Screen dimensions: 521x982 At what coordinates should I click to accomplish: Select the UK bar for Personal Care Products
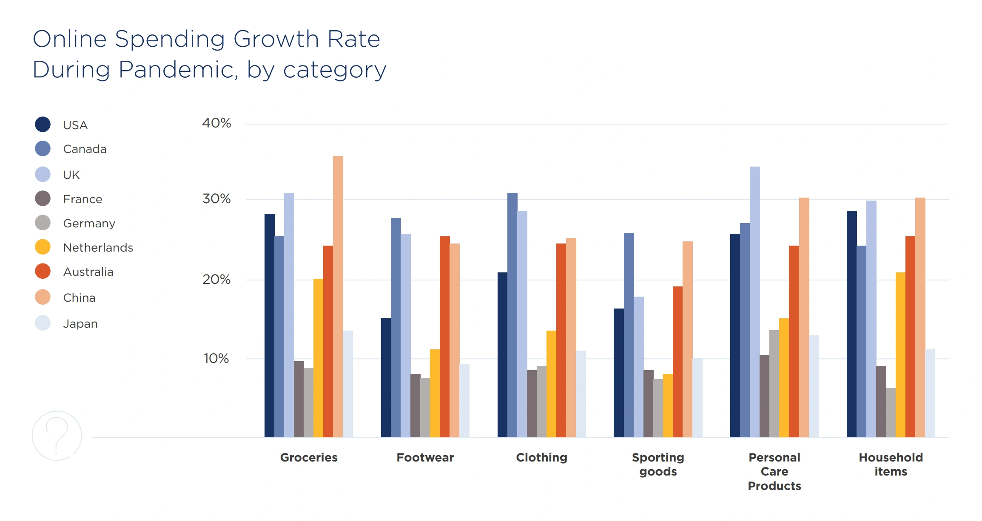(754, 302)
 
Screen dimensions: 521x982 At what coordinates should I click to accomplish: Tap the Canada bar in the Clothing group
(512, 315)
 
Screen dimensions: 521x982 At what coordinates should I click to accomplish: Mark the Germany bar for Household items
(891, 412)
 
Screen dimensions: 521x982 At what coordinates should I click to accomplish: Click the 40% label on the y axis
(216, 123)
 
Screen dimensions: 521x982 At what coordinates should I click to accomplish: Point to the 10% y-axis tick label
(216, 359)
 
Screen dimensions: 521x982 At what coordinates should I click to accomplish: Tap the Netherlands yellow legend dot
(43, 247)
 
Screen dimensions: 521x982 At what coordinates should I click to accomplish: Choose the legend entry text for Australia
(88, 272)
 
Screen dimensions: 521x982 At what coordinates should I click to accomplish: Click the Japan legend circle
(43, 323)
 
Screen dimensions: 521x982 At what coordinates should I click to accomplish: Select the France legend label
(83, 199)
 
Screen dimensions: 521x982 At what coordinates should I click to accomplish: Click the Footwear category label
(425, 458)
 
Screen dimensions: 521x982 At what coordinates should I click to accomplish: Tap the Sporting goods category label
(658, 464)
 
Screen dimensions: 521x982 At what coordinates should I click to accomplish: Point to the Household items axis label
(891, 464)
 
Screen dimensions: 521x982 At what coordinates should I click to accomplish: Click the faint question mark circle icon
(57, 436)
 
